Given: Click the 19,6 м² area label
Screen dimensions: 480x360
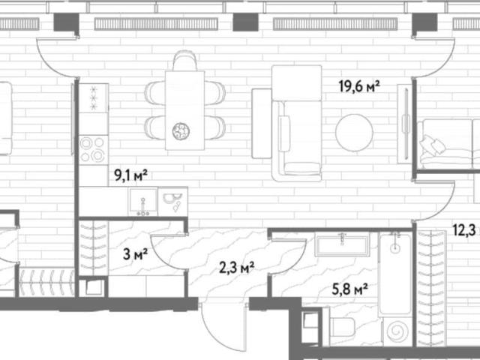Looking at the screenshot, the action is coord(359,86).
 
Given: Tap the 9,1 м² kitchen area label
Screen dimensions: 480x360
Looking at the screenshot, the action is coord(130,175).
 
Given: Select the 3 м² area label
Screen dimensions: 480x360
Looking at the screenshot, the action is coord(135,253).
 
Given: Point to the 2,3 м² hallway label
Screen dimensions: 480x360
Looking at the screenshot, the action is coord(237,268).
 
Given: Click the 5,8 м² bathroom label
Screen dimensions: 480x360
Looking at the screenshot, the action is coord(350,288).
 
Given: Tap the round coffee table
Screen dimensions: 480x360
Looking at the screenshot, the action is coord(354,133).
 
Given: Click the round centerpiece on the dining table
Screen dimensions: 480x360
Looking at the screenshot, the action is coord(181,132).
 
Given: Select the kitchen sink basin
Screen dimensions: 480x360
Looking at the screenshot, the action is coord(143,201).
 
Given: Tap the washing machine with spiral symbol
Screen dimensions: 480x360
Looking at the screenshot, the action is coord(397,331).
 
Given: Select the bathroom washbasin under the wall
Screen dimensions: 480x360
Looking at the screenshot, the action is coord(342,244).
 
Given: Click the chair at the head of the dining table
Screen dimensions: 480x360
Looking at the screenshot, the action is coord(184,61).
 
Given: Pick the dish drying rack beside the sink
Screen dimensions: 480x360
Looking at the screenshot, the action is coord(172,202).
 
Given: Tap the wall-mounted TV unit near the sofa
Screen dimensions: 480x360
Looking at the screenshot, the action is coord(405,124).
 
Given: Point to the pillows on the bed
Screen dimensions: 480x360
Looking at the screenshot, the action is coord(432,145).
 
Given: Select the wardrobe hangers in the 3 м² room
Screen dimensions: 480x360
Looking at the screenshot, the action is coord(93,247).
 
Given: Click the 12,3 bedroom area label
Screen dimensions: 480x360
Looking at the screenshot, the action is coord(466,229).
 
